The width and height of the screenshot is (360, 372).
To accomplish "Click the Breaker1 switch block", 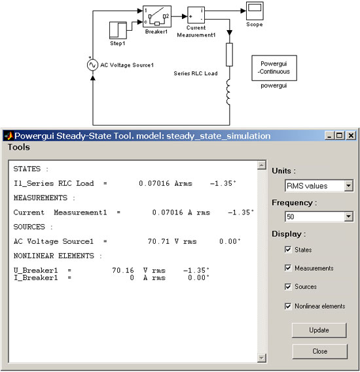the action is click(x=156, y=16).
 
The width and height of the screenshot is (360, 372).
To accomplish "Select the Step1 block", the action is click(x=118, y=30).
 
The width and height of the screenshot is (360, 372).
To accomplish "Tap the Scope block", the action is click(x=255, y=11).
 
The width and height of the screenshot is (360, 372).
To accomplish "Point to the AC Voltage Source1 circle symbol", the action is click(x=92, y=65).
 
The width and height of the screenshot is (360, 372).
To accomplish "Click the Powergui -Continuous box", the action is click(x=274, y=68).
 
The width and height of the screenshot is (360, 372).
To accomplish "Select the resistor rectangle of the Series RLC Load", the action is click(x=229, y=54).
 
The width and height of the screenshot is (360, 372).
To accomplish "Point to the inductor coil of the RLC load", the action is click(x=228, y=92).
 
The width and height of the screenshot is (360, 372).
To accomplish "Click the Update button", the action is click(x=319, y=330).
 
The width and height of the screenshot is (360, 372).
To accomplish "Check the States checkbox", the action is click(x=288, y=249).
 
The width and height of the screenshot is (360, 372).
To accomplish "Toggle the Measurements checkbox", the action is click(x=288, y=268).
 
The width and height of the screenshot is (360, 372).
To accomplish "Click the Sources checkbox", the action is click(x=288, y=286).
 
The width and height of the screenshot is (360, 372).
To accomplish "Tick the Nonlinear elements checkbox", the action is click(x=288, y=306).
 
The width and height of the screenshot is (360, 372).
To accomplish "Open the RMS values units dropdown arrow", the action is click(x=348, y=186).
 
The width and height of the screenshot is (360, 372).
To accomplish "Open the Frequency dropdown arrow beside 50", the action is click(x=348, y=216).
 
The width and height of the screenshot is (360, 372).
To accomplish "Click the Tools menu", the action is click(x=19, y=147).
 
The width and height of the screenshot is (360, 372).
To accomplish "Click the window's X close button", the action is click(x=351, y=136).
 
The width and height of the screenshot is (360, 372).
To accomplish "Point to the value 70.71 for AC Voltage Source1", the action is click(x=158, y=241).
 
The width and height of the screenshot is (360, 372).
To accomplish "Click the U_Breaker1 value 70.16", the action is click(x=123, y=270).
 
